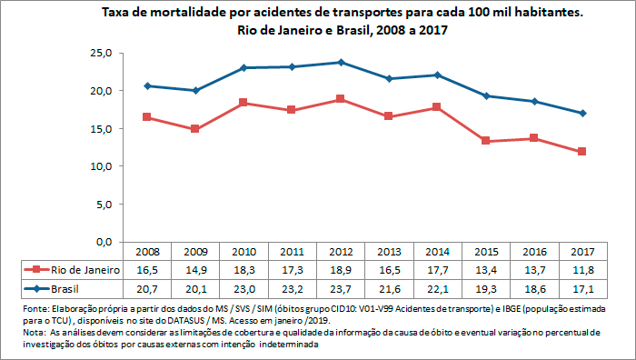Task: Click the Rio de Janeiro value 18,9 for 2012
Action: pyautogui.click(x=340, y=270)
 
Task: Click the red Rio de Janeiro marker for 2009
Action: pyautogui.click(x=195, y=129)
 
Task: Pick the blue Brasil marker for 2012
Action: pyautogui.click(x=340, y=63)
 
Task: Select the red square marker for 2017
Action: pyautogui.click(x=581, y=152)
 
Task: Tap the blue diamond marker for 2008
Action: pyautogui.click(x=147, y=85)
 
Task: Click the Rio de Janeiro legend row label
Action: pyautogui.click(x=86, y=270)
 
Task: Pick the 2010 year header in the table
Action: pyautogui.click(x=243, y=252)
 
